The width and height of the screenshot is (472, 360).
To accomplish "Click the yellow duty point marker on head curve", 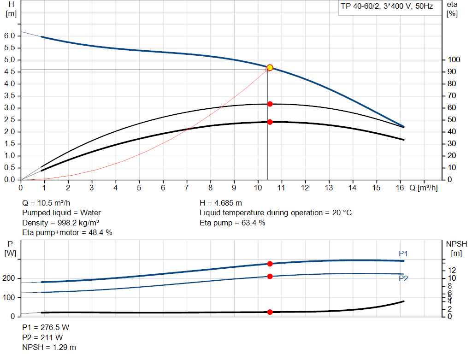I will point(270,68).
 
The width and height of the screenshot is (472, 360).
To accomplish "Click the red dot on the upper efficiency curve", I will point(270,104).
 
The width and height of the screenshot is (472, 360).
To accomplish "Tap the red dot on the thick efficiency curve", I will point(270,122).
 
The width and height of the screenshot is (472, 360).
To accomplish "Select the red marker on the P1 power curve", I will point(270,264).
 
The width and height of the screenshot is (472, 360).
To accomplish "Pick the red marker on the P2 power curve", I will point(270,277).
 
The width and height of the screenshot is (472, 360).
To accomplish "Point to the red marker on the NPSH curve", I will point(270,312).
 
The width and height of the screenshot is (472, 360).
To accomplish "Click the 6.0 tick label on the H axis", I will point(11,36).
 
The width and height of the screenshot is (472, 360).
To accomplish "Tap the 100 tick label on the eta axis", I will point(454,60).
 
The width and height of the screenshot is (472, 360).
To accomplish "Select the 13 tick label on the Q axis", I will point(329,188).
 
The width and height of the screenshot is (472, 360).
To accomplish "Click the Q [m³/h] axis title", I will point(424,188).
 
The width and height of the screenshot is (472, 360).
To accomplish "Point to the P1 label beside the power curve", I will point(403,254).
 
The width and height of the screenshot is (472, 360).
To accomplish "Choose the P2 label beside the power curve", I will point(403,278).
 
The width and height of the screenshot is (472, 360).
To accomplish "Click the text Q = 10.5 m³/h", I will point(47,203).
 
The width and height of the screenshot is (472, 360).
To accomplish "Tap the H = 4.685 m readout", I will point(221,203).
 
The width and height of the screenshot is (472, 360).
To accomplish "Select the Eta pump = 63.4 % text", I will point(232,223).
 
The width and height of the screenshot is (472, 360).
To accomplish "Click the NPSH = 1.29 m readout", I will point(49,347).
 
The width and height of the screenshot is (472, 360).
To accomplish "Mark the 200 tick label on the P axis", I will point(9,278).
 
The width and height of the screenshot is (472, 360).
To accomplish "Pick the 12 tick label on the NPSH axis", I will point(452,270).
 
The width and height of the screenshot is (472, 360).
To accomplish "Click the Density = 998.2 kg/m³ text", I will point(61,223).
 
